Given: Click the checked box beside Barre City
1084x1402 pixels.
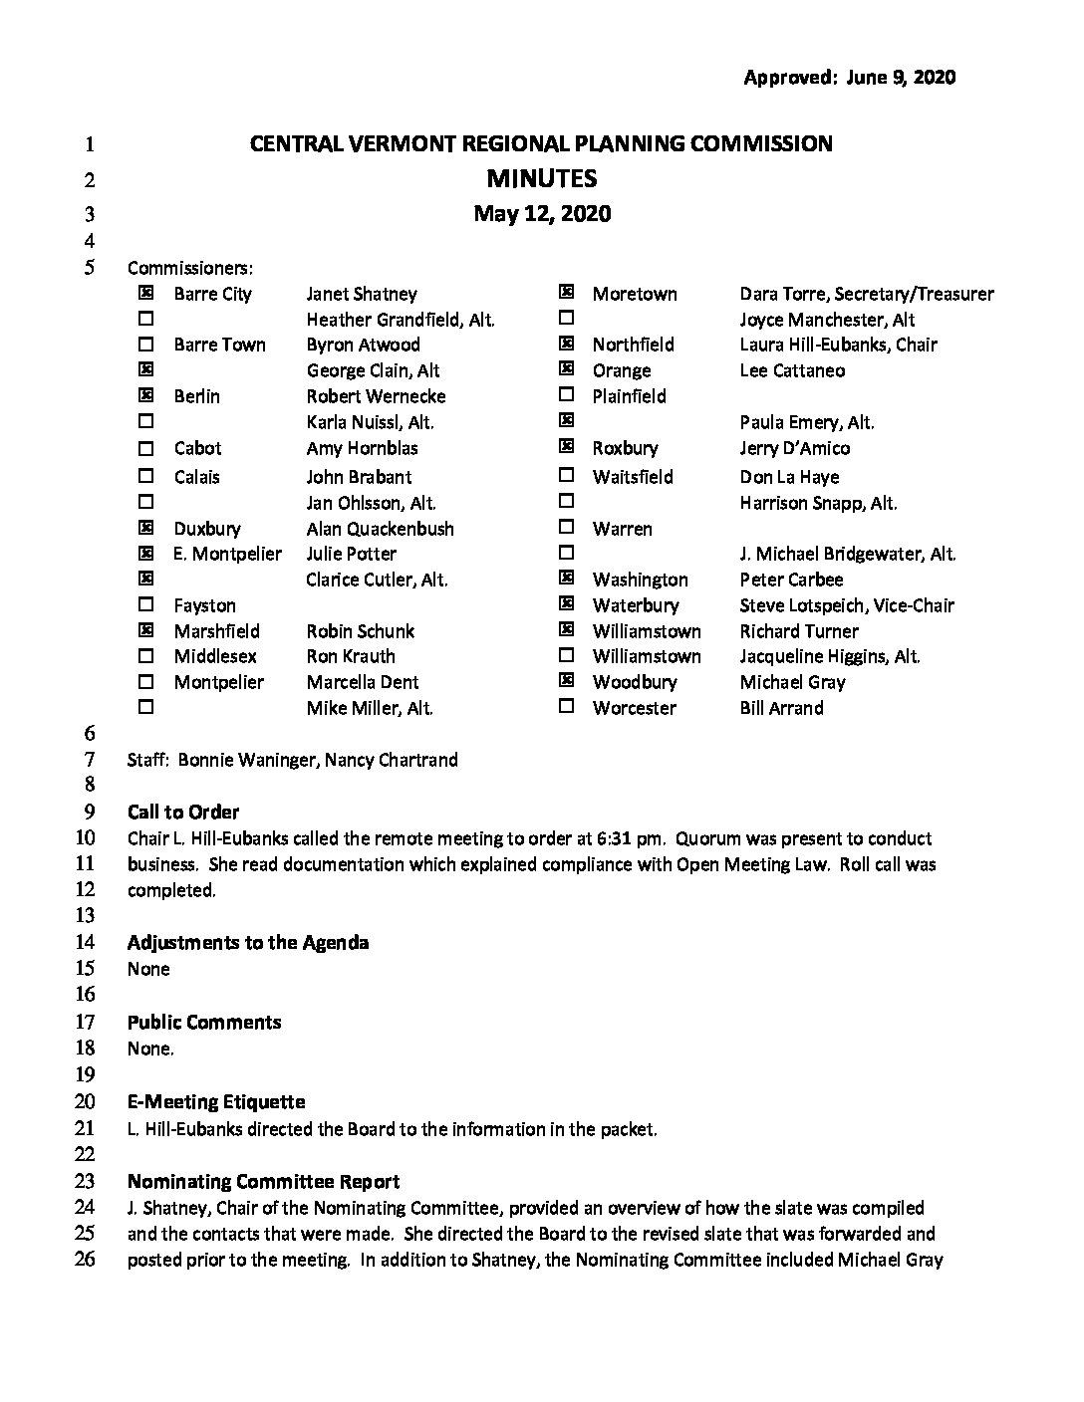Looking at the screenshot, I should (x=146, y=294).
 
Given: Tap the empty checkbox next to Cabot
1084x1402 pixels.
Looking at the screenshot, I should (x=146, y=448).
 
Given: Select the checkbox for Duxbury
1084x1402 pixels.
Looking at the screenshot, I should (x=146, y=529).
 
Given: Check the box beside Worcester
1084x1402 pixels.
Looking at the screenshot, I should (x=567, y=707).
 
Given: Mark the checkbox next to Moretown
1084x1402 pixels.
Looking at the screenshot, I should (x=567, y=293).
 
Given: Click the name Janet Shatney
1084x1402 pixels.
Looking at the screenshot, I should (x=362, y=294).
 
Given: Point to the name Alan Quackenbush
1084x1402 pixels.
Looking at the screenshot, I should (x=380, y=529).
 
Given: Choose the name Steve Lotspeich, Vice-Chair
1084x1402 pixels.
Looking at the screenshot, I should (x=847, y=605).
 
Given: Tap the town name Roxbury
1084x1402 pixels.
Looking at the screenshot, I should (x=625, y=448).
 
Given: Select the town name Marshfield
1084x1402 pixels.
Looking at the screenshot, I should (x=216, y=631).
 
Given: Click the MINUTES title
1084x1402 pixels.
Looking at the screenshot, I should (x=541, y=179).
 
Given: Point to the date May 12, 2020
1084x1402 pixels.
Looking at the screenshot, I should (x=542, y=214).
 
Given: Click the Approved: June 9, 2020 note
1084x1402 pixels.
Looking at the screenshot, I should (x=849, y=78).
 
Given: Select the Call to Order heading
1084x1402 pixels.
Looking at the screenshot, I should (x=183, y=812).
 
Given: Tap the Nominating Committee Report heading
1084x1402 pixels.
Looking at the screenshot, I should (x=264, y=1182).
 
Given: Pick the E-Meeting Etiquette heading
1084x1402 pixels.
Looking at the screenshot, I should (x=216, y=1102).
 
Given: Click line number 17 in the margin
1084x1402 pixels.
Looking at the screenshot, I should (x=85, y=1022).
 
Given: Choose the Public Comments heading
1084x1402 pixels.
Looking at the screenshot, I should (x=204, y=1023).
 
